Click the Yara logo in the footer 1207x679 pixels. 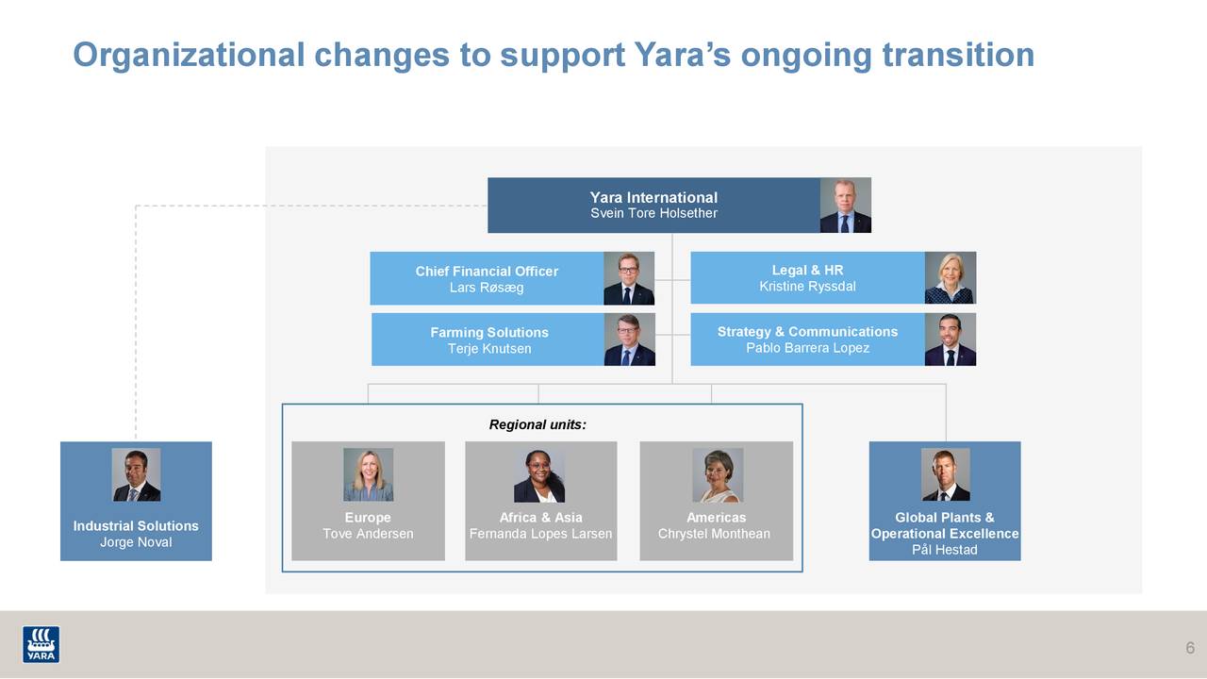(x=41, y=644)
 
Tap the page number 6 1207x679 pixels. (x=1190, y=648)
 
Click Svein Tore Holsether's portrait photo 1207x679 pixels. (x=845, y=205)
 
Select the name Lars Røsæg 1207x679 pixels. (x=487, y=288)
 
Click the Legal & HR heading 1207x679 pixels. (x=807, y=271)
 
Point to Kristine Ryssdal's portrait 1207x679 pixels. (x=950, y=277)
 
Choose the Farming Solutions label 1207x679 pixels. (x=488, y=332)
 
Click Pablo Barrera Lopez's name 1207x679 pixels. (x=807, y=348)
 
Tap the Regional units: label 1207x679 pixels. (x=537, y=424)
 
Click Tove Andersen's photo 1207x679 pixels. (x=368, y=474)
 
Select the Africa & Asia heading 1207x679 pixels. (x=540, y=517)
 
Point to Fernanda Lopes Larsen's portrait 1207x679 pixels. (x=539, y=475)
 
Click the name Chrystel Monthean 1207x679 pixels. (x=714, y=534)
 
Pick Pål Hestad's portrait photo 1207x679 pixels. (x=945, y=474)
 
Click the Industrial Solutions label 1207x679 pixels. (x=136, y=525)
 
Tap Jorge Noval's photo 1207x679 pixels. (x=136, y=474)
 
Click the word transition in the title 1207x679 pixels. (x=958, y=55)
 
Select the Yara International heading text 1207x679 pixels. (x=653, y=197)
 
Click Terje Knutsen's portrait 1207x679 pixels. (x=629, y=339)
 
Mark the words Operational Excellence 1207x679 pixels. (x=945, y=534)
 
